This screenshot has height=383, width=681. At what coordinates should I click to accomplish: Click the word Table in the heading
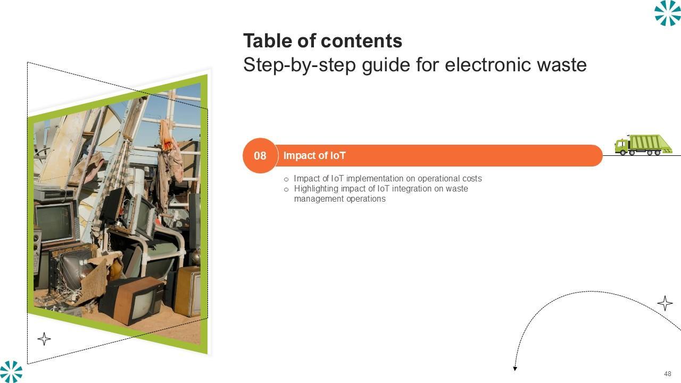click(x=268, y=41)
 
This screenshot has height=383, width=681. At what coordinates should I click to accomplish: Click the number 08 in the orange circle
click(x=260, y=156)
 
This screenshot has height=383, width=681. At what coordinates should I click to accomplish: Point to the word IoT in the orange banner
click(x=338, y=156)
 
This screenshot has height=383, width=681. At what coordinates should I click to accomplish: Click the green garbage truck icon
click(x=643, y=145)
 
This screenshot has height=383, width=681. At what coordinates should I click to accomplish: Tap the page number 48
click(x=668, y=373)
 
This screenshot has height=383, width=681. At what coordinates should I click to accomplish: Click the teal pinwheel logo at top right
click(x=668, y=13)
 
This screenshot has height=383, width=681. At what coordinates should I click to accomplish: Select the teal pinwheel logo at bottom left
click(x=11, y=371)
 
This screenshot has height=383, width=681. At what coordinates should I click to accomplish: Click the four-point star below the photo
click(x=44, y=339)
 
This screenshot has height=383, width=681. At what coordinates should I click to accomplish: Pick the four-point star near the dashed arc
click(x=665, y=303)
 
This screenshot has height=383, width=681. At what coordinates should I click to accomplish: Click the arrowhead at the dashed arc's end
click(x=515, y=369)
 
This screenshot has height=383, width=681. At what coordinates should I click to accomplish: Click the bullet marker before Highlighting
click(x=286, y=190)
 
